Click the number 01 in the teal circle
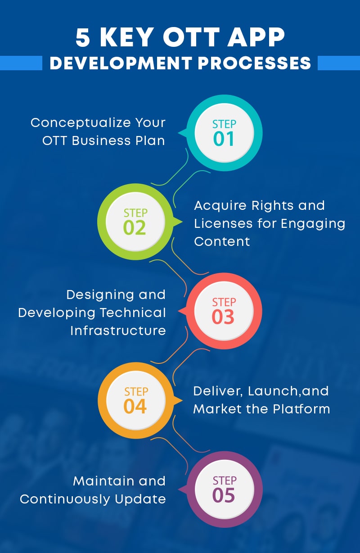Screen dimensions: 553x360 [x=224, y=139]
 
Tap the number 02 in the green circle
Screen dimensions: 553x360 [x=135, y=228]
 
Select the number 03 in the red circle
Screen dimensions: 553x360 [x=223, y=317]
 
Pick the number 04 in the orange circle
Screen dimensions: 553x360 [x=135, y=406]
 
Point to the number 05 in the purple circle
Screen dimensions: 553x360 [x=224, y=495]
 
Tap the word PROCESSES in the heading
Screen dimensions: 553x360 [x=255, y=63]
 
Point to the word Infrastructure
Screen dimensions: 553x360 [x=118, y=331]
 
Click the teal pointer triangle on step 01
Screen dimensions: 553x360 [x=183, y=133]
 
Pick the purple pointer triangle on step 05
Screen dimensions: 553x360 [x=183, y=490]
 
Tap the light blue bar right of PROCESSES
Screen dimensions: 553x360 [x=338, y=63]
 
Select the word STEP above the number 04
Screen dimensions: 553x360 [x=135, y=392]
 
